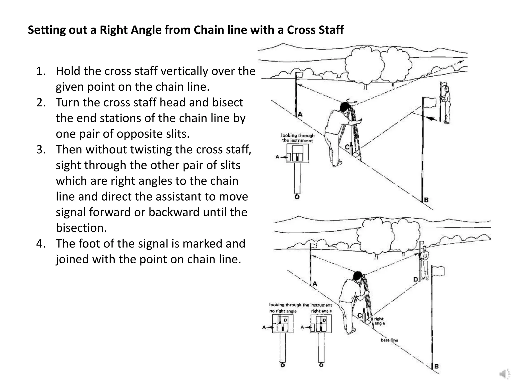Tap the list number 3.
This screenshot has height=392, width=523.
41,150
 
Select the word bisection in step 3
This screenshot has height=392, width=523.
81,228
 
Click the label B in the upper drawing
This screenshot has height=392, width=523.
426,200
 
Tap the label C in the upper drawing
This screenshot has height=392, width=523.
347,147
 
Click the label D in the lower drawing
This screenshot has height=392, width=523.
415,279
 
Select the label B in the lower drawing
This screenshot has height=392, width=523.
436,366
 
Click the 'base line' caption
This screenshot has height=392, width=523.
389,340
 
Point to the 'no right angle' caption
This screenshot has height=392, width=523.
283,311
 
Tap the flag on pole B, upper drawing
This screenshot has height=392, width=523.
430,102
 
